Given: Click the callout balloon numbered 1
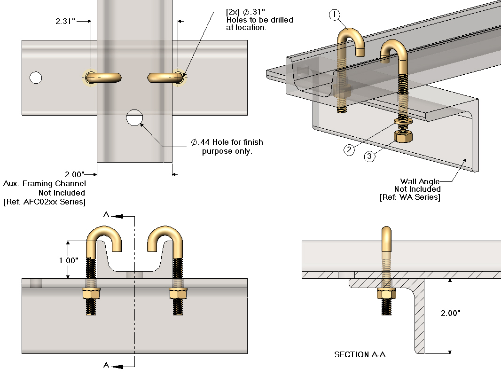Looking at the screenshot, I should [x=334, y=15].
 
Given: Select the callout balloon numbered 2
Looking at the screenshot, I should [x=349, y=150].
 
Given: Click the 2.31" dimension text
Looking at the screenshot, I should [x=65, y=21].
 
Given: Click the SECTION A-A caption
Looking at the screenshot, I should [x=360, y=354].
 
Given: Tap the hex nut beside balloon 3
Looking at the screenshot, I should [x=403, y=136].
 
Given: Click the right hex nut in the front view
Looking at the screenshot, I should [x=178, y=294].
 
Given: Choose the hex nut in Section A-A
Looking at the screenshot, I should [x=386, y=294].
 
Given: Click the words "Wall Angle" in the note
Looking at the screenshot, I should [x=420, y=181].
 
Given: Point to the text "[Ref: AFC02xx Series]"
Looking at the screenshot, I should [x=44, y=202].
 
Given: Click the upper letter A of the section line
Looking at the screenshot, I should [x=106, y=215].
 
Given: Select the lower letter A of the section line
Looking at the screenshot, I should [x=106, y=365].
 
